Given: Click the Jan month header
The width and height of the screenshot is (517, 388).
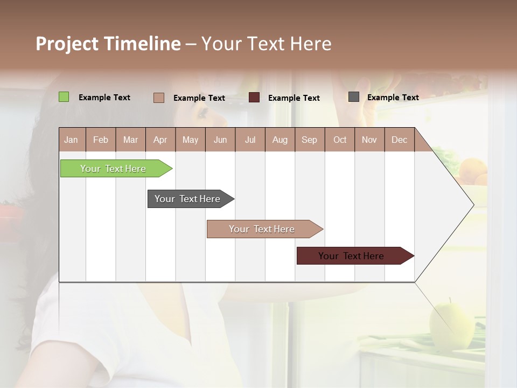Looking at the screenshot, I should pyautogui.click(x=72, y=140).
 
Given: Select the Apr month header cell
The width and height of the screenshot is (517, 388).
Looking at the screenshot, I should pyautogui.click(x=160, y=140).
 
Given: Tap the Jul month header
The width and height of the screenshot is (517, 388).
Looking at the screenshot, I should pyautogui.click(x=250, y=140).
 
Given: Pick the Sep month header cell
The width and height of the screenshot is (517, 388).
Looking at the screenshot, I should pyautogui.click(x=310, y=140).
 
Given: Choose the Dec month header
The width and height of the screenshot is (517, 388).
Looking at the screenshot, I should pyautogui.click(x=399, y=140).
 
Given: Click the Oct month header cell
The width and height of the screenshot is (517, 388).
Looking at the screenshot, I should pyautogui.click(x=340, y=140).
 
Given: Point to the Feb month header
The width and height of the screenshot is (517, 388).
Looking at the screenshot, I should pyautogui.click(x=101, y=140).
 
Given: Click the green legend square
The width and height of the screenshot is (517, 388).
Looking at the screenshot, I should pyautogui.click(x=64, y=97).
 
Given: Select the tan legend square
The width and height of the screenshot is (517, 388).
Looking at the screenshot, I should pyautogui.click(x=158, y=98).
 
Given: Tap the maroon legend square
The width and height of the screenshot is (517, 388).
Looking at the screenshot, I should pyautogui.click(x=254, y=98).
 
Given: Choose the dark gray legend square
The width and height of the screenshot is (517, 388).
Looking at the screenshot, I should pyautogui.click(x=354, y=97).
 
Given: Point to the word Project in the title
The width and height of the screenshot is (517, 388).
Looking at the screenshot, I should pyautogui.click(x=67, y=44).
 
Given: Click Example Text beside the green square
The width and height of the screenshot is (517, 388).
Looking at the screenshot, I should pyautogui.click(x=104, y=98).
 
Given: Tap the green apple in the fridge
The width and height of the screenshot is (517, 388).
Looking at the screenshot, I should pyautogui.click(x=451, y=323).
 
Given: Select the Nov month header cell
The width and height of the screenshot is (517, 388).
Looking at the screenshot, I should pyautogui.click(x=369, y=140).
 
